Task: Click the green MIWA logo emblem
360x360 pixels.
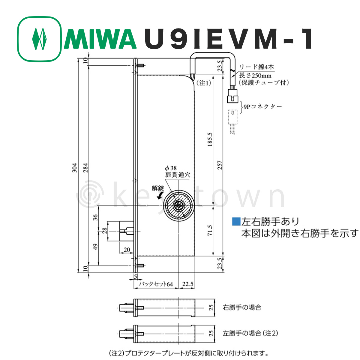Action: point(39,39)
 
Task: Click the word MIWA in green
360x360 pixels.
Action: point(100,39)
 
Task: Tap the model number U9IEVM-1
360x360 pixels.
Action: point(228,39)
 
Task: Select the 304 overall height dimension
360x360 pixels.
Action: point(74,168)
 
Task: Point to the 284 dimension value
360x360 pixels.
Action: point(85,168)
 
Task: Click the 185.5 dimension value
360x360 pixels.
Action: point(210,139)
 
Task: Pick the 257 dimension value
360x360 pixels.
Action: point(220,165)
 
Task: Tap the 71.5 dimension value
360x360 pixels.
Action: point(210,230)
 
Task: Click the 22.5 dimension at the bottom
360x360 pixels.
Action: point(187,284)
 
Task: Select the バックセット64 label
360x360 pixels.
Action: point(156,284)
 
